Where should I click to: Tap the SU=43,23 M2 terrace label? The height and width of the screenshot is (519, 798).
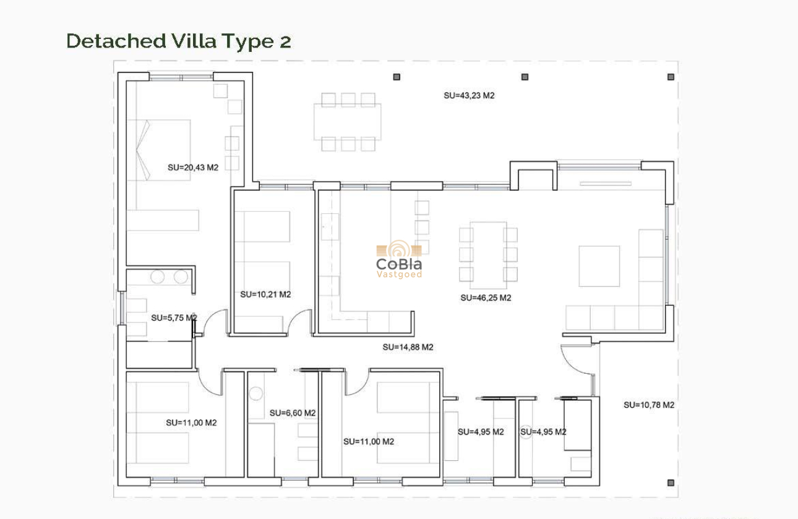tap(469, 96)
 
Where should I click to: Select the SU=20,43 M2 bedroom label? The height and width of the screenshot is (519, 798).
tap(193, 167)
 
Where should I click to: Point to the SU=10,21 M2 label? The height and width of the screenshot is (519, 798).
tap(265, 295)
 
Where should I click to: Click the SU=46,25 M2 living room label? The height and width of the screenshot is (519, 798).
tap(486, 298)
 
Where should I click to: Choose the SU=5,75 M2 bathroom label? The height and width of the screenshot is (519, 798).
tap(174, 318)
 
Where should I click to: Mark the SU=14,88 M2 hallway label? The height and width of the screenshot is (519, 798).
tap(408, 347)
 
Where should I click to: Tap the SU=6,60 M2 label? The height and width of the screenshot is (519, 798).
tap(293, 413)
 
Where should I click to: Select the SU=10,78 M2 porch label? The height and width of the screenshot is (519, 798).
tap(648, 405)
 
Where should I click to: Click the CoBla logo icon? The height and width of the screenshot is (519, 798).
tap(399, 250)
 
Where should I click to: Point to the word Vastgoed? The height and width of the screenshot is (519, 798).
tap(399, 274)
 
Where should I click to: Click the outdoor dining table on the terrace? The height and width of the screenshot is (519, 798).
tap(348, 122)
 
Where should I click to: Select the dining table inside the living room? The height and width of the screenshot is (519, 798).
tap(488, 254)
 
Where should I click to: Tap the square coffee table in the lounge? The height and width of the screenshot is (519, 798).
tap(599, 266)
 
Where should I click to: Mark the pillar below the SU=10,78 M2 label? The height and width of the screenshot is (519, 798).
tap(670, 483)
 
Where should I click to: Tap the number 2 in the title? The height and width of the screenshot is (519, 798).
tap(283, 41)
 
